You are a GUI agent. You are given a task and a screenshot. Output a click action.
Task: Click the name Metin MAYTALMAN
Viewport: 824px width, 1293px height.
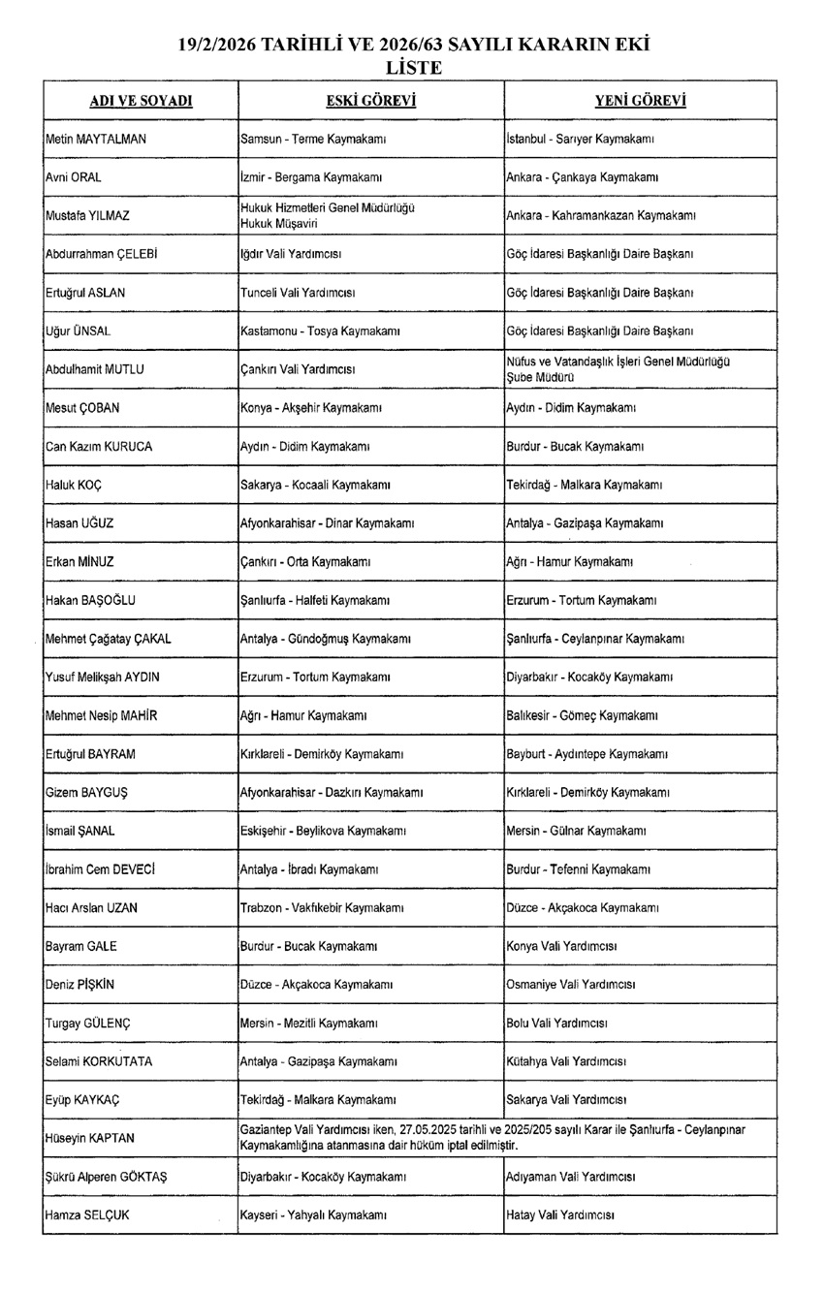coord(96,139)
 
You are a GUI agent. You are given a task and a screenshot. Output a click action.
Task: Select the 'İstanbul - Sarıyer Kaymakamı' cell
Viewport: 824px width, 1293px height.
coord(580,139)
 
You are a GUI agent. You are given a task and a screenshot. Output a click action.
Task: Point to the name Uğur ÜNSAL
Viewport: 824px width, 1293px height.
coord(79,331)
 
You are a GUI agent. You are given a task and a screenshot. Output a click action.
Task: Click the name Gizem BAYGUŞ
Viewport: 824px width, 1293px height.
coord(87,792)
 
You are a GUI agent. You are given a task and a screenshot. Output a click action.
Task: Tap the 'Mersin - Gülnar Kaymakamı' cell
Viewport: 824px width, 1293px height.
coord(577,831)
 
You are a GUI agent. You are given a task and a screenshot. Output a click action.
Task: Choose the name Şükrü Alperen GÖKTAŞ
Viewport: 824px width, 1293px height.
coord(107,1176)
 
